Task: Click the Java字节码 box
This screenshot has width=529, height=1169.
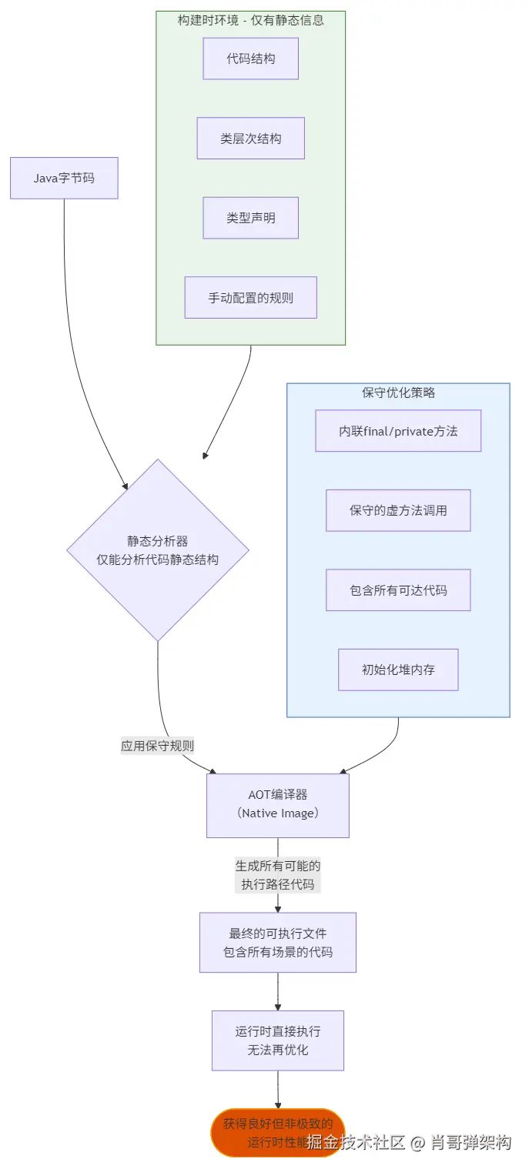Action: point(64,178)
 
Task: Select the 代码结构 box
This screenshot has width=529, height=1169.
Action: point(250,58)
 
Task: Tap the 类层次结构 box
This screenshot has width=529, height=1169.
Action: point(250,139)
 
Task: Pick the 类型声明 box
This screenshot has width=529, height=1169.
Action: point(250,218)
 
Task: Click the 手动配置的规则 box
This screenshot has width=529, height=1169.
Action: point(250,298)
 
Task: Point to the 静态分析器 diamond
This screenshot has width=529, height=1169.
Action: point(158,550)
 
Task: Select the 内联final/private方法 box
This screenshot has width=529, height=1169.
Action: point(398,431)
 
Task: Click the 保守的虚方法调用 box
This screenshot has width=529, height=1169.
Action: point(398,510)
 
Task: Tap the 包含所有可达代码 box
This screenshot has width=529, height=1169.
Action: point(398,590)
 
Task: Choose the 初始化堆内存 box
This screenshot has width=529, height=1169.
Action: point(398,670)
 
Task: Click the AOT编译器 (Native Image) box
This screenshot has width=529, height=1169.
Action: point(278,805)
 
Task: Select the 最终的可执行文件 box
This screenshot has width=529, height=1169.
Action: point(278,942)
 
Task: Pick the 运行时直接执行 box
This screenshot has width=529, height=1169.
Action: point(278,1040)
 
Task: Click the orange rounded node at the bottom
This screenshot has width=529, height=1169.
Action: point(262,1133)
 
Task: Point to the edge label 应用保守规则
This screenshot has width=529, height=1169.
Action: point(157,746)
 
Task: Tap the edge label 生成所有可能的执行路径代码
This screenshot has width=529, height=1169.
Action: point(278,875)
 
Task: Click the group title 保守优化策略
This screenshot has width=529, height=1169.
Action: point(398,392)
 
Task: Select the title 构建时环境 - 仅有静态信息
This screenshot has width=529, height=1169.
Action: point(250,20)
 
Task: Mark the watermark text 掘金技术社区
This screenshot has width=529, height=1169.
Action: point(355,1141)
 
